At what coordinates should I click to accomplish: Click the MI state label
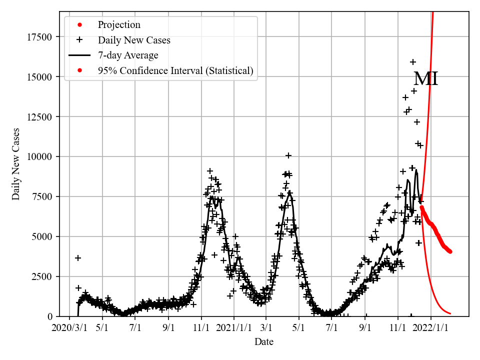pyautogui.click(x=425, y=79)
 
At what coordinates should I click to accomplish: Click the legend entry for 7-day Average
pyautogui.click(x=128, y=55)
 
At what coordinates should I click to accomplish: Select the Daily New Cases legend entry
pyautogui.click(x=134, y=40)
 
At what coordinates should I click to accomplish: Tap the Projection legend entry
pyautogui.click(x=119, y=25)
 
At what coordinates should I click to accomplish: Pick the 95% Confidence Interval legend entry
pyautogui.click(x=175, y=71)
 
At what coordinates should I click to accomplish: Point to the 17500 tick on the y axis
pyautogui.click(x=42, y=36)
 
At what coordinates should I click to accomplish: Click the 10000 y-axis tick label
pyautogui.click(x=42, y=156)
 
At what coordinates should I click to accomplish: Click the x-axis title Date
pyautogui.click(x=263, y=342)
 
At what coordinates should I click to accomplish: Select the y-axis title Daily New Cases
pyautogui.click(x=16, y=164)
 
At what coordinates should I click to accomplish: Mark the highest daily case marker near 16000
pyautogui.click(x=413, y=62)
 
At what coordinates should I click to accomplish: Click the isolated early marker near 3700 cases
pyautogui.click(x=78, y=258)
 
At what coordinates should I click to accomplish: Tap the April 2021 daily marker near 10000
pyautogui.click(x=288, y=155)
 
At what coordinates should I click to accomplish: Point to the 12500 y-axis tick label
pyautogui.click(x=42, y=116)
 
